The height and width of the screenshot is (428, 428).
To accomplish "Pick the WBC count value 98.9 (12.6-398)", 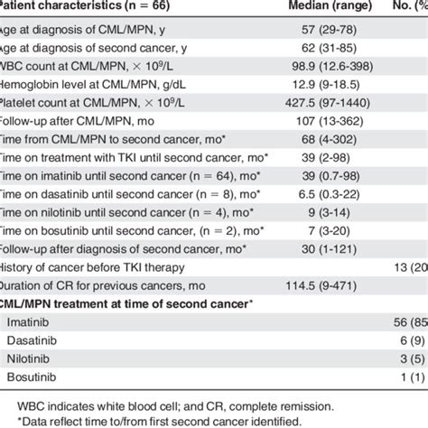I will click(x=315, y=71).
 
